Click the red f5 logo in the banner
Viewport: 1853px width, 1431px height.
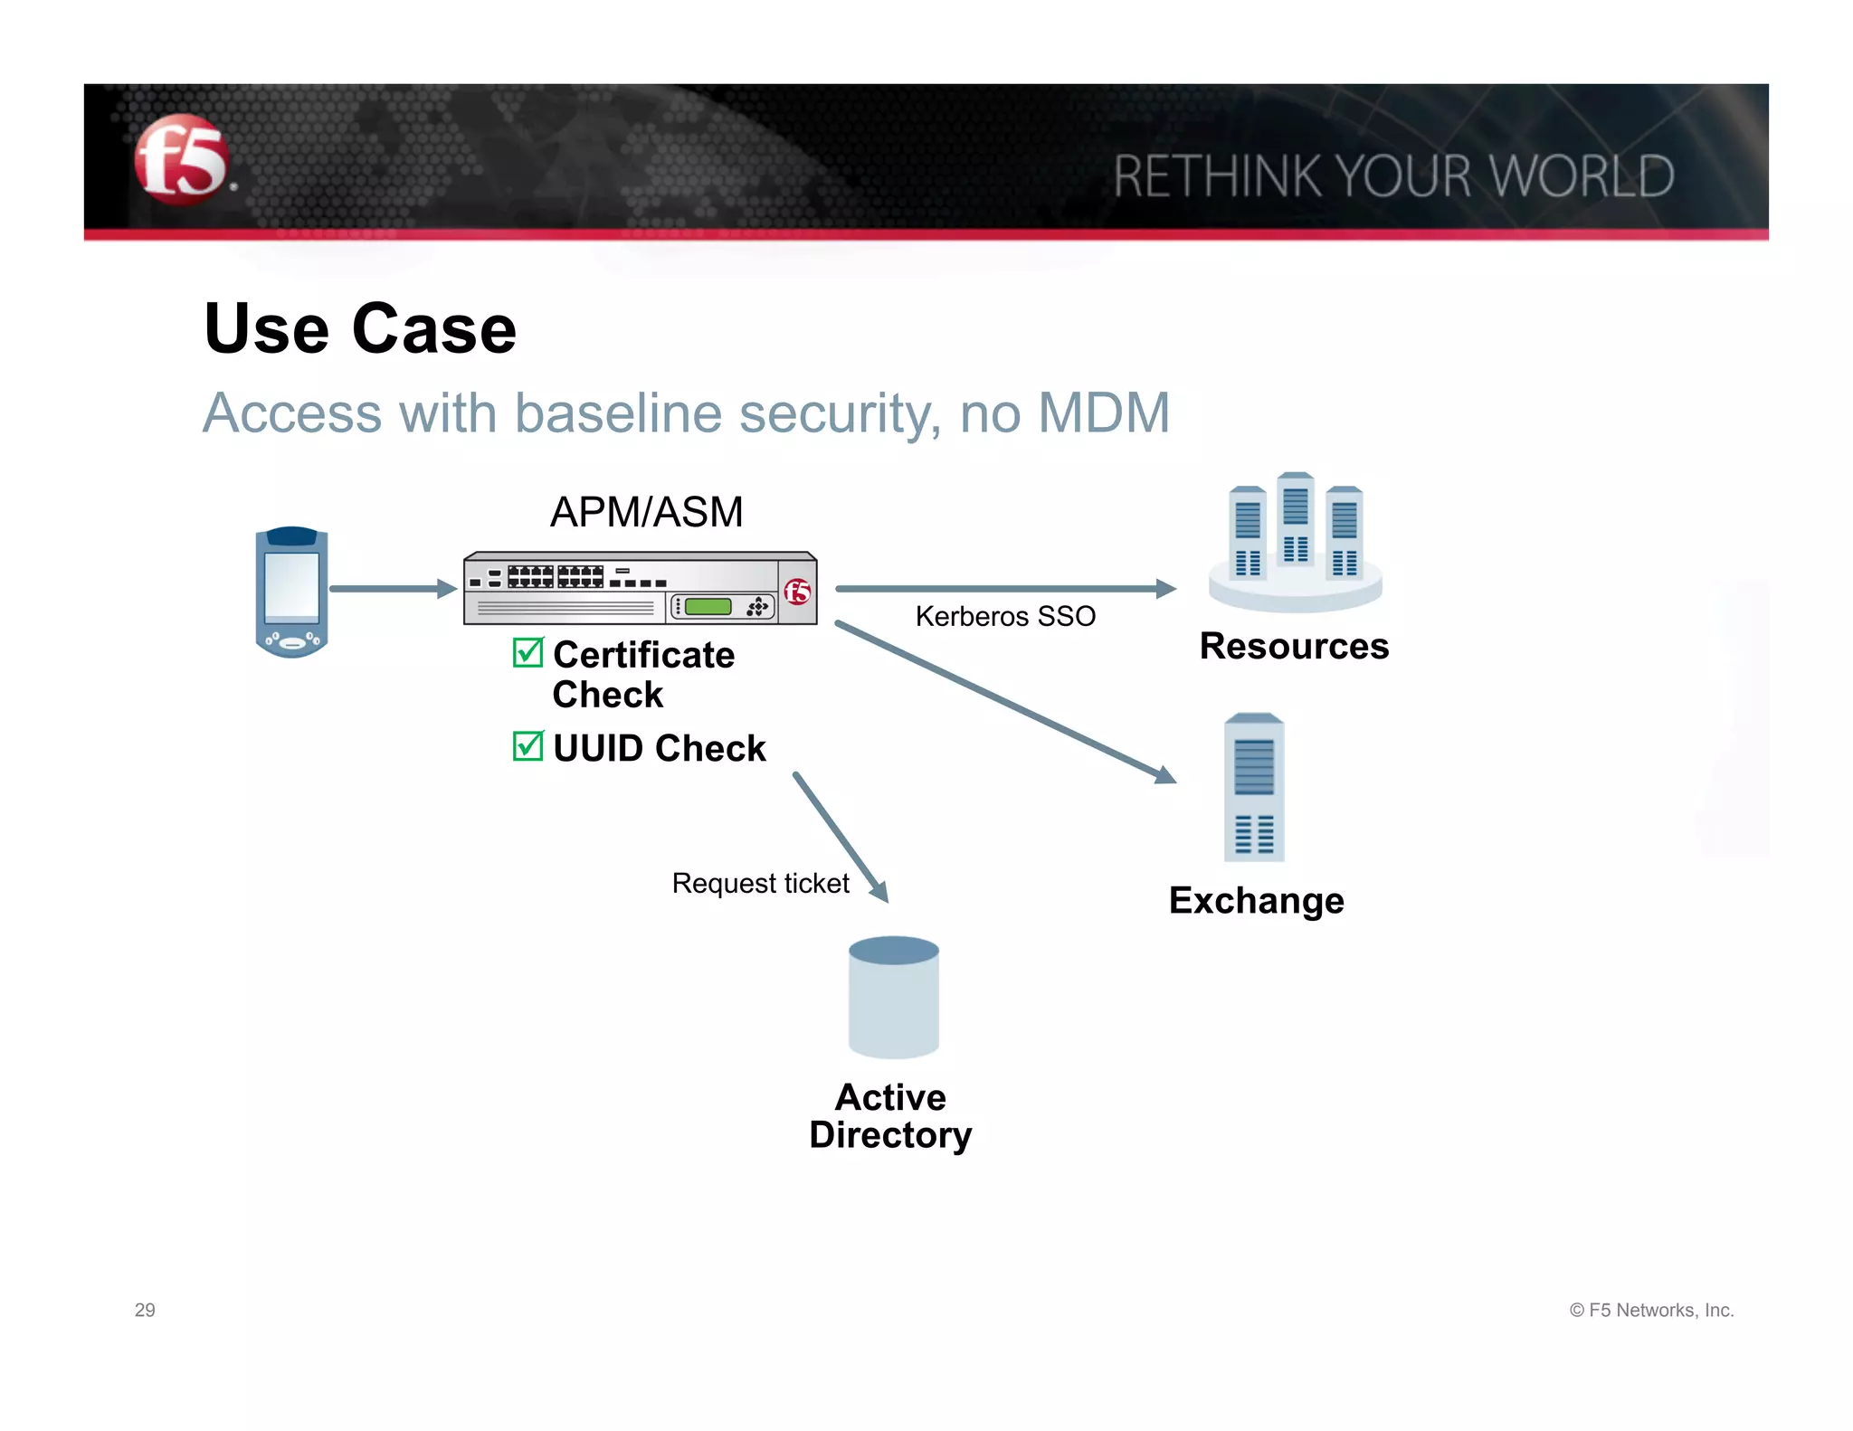pyautogui.click(x=181, y=159)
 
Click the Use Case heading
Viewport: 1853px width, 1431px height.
pyautogui.click(x=360, y=328)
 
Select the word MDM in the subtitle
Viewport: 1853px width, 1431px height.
pyautogui.click(x=1104, y=413)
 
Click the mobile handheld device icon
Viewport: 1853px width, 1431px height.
pyautogui.click(x=291, y=592)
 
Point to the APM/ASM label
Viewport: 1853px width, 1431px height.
pyautogui.click(x=646, y=512)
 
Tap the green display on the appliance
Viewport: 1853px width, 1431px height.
pyautogui.click(x=708, y=606)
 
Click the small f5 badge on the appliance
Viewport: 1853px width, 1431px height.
pyautogui.click(x=797, y=592)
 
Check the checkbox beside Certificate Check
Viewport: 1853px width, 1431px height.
pyautogui.click(x=527, y=652)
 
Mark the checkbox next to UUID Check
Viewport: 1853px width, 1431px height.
pyautogui.click(x=527, y=746)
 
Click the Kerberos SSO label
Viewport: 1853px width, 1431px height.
pyautogui.click(x=1005, y=617)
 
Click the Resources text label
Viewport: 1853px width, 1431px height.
pyautogui.click(x=1294, y=647)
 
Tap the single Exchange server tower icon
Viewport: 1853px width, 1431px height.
pyautogui.click(x=1254, y=787)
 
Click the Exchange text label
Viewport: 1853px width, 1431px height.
pyautogui.click(x=1256, y=901)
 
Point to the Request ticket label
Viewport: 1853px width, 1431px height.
pyautogui.click(x=760, y=884)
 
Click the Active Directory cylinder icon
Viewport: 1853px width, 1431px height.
pyautogui.click(x=893, y=997)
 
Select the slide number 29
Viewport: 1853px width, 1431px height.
pyautogui.click(x=145, y=1310)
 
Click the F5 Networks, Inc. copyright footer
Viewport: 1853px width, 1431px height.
pyautogui.click(x=1651, y=1310)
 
